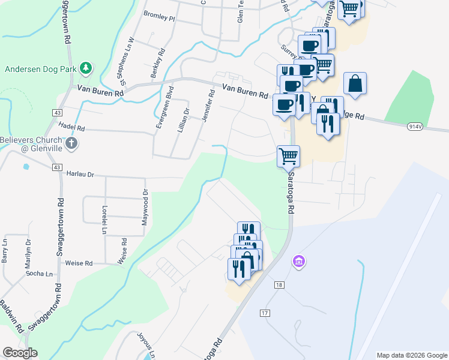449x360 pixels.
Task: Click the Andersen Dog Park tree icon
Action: click(86, 68)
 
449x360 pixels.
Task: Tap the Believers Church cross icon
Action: click(71, 143)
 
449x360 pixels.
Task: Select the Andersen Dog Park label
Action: click(41, 68)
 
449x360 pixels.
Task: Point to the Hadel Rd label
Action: click(72, 128)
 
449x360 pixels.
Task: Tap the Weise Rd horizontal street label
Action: click(79, 263)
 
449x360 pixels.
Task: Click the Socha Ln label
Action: click(40, 274)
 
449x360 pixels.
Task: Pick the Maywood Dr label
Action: click(145, 208)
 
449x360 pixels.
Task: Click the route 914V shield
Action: click(415, 127)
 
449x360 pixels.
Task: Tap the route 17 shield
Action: click(265, 313)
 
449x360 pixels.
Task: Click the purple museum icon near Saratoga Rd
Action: click(298, 262)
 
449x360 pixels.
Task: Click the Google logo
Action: click(20, 353)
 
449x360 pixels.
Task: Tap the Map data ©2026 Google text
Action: click(412, 355)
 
